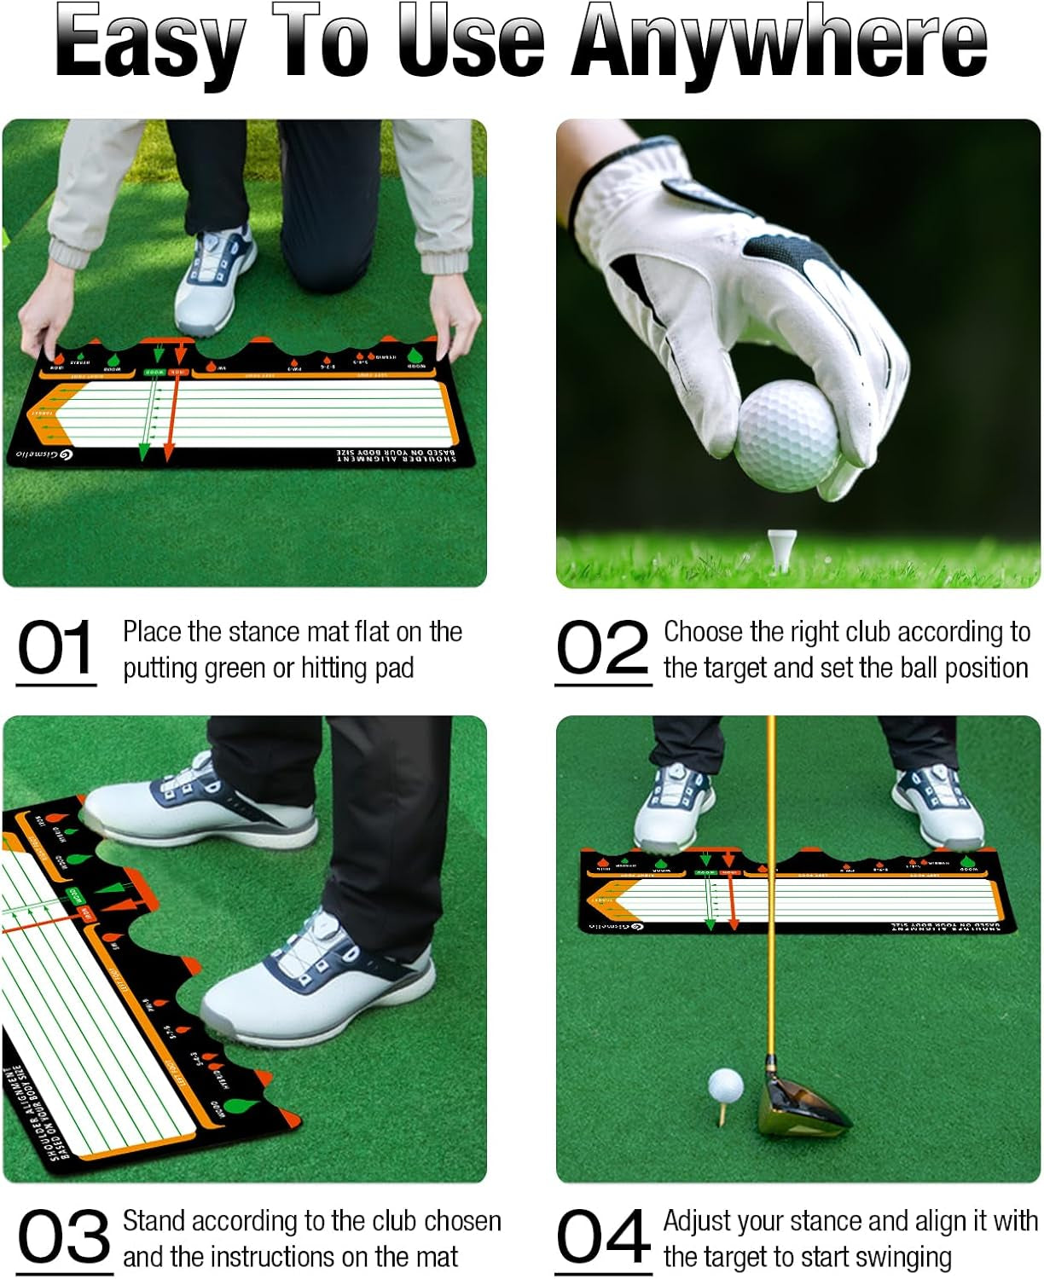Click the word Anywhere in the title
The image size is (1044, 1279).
point(780,43)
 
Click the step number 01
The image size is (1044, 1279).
point(55,648)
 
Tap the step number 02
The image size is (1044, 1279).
point(602,648)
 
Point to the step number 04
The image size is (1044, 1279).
point(603,1237)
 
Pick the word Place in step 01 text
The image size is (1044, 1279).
point(153,632)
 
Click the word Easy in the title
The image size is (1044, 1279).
point(151,43)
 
